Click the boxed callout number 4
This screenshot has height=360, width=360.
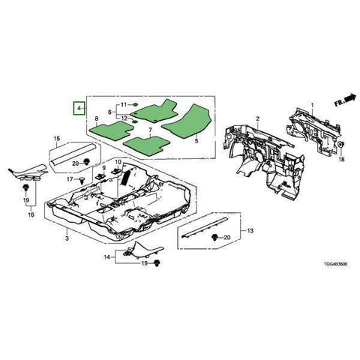tap(78, 109)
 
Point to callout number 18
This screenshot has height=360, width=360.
tap(342, 160)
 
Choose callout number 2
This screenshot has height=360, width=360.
tap(256, 119)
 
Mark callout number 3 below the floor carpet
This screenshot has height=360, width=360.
tap(67, 238)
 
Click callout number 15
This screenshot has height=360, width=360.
tap(55, 139)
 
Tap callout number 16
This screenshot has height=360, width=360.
tap(31, 214)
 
